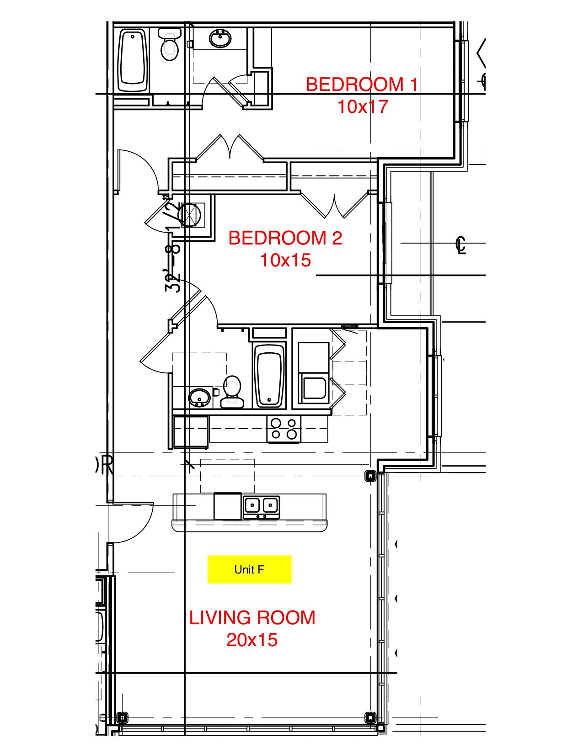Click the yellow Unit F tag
click(249, 569)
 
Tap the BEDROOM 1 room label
click(361, 85)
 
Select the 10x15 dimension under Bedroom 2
click(285, 260)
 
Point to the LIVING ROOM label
click(252, 618)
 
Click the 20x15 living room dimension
click(252, 640)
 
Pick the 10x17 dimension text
click(363, 106)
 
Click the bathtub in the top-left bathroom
click(133, 60)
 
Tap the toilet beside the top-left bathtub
click(170, 45)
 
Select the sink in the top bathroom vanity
click(220, 38)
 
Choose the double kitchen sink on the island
click(261, 506)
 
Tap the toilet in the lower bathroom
click(232, 392)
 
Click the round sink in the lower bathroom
click(199, 398)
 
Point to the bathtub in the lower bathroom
click(269, 376)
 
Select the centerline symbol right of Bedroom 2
click(461, 244)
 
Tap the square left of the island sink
click(228, 506)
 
